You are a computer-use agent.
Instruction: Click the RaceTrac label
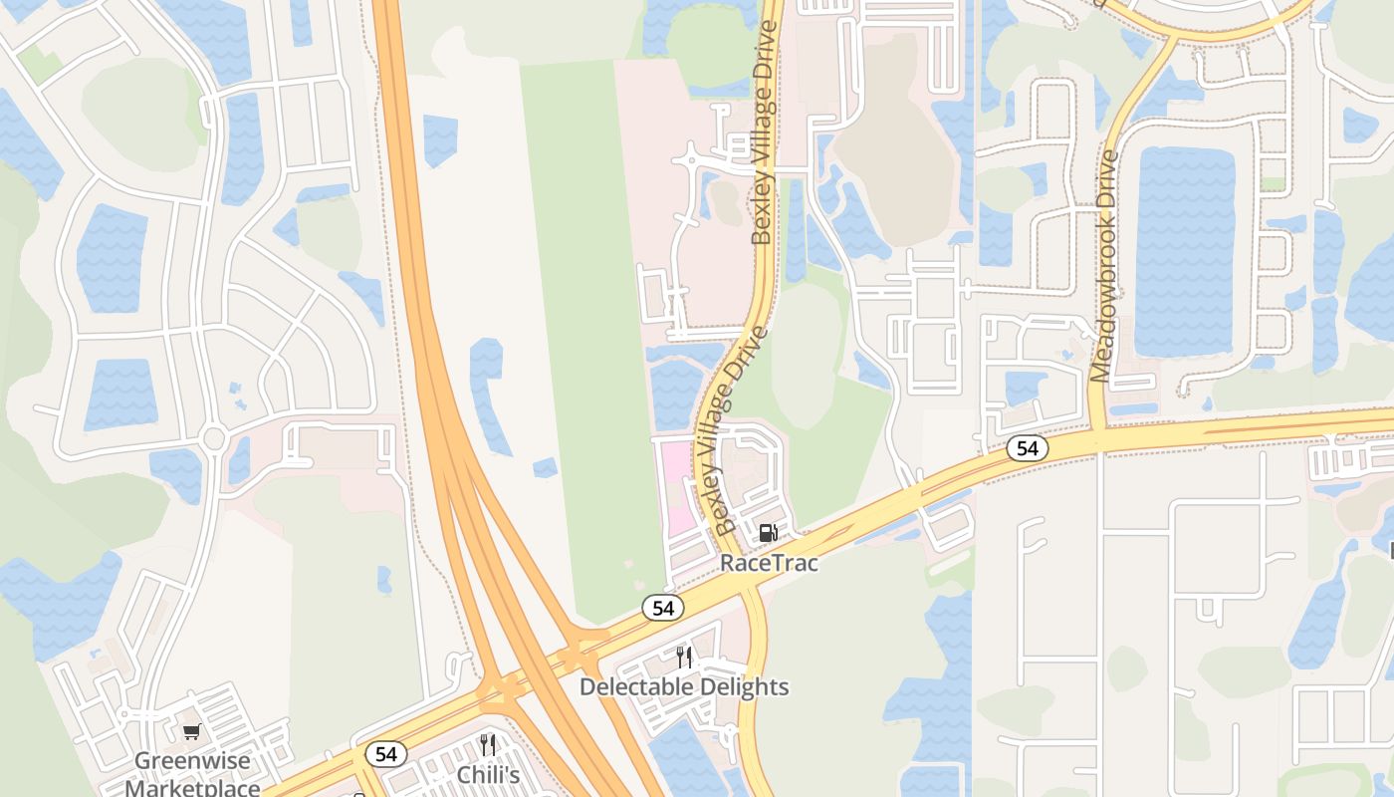(769, 563)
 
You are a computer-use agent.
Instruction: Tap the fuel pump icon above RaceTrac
(768, 533)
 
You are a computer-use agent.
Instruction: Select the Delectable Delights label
(684, 687)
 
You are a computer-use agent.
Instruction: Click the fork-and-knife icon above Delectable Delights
(684, 657)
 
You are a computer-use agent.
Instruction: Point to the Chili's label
(488, 775)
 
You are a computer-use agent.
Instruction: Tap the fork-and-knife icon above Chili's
(488, 745)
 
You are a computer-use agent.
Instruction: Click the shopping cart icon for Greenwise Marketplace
(192, 732)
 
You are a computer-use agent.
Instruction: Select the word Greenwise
(192, 761)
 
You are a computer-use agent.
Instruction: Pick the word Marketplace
(192, 787)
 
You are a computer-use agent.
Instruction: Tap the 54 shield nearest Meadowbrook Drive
(1027, 448)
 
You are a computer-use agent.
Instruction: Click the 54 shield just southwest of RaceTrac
(662, 608)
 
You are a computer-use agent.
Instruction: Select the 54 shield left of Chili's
(386, 754)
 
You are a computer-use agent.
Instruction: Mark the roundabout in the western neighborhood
(213, 437)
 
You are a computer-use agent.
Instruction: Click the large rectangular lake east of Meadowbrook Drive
(1184, 251)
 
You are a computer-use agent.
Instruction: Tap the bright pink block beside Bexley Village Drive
(676, 488)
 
